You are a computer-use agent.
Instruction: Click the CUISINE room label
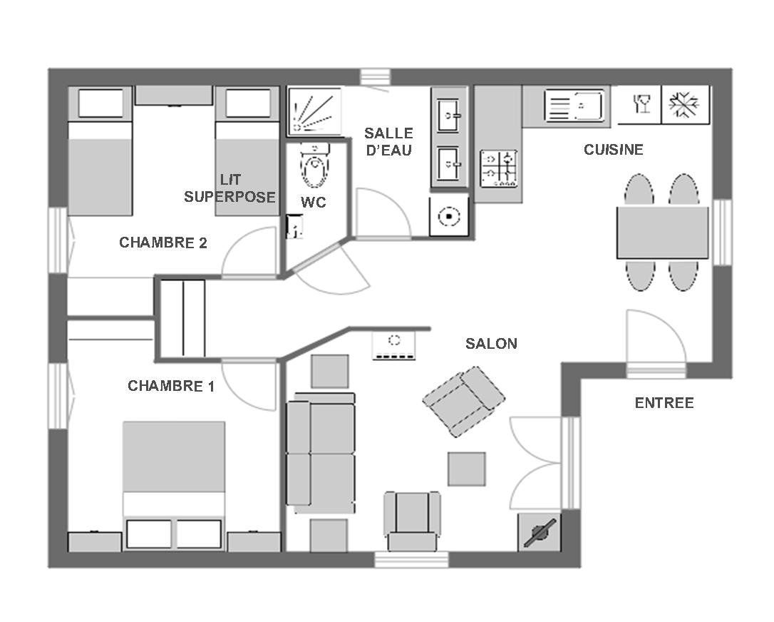[613, 150]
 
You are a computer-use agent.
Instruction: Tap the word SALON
[491, 344]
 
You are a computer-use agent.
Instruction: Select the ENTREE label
[664, 403]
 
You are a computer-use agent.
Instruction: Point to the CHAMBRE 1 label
[171, 386]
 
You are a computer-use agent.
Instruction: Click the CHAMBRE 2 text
[163, 243]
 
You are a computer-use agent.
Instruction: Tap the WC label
[313, 202]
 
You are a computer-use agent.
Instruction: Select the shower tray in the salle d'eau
[314, 111]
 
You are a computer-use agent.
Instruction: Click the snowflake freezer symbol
[685, 105]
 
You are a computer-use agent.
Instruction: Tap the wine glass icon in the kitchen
[640, 103]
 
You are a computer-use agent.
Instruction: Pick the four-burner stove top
[499, 168]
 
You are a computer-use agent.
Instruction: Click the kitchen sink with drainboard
[574, 106]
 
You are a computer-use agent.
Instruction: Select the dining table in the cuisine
[662, 233]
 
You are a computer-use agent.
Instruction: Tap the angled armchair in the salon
[463, 401]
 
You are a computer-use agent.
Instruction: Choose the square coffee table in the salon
[467, 469]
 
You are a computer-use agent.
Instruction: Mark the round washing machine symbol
[449, 216]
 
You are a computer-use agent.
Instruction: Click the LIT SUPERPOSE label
[230, 188]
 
